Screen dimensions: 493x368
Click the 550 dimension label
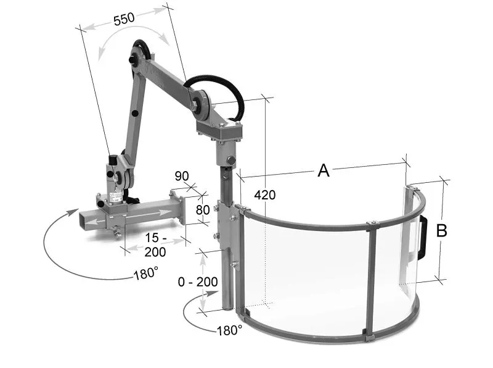tap(124, 19)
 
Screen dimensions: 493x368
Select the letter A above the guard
tap(324, 170)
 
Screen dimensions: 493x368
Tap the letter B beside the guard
tap(442, 231)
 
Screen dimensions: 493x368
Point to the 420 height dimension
tap(265, 195)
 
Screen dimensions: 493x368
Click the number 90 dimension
tap(182, 176)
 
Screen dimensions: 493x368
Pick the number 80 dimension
tap(203, 209)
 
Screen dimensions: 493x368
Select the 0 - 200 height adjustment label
tap(198, 282)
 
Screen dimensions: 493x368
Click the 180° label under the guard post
tap(229, 330)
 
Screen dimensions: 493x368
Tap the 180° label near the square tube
tap(146, 274)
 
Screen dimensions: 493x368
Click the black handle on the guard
tap(423, 238)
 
